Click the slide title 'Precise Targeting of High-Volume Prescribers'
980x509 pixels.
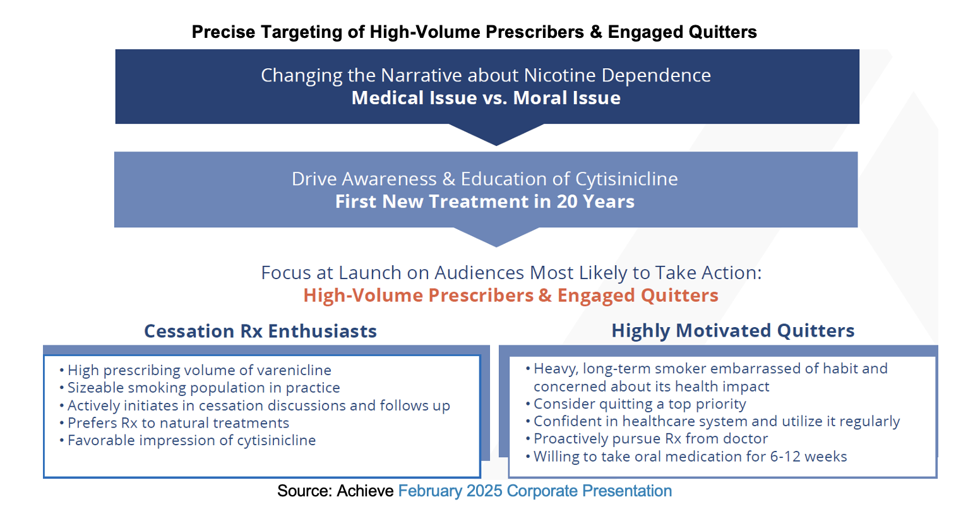[388, 32]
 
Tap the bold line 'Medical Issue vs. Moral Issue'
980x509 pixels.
[486, 98]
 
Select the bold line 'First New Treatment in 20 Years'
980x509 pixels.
[485, 201]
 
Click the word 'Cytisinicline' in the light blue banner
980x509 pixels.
[626, 179]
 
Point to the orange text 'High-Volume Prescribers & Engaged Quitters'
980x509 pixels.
[511, 295]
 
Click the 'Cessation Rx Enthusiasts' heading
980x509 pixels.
[260, 331]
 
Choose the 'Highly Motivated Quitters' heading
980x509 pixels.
[733, 330]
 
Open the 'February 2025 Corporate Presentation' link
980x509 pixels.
[535, 491]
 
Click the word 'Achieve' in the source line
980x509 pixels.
[365, 491]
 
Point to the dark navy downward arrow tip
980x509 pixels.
[496, 145]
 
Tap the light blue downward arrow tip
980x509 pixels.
[496, 247]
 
